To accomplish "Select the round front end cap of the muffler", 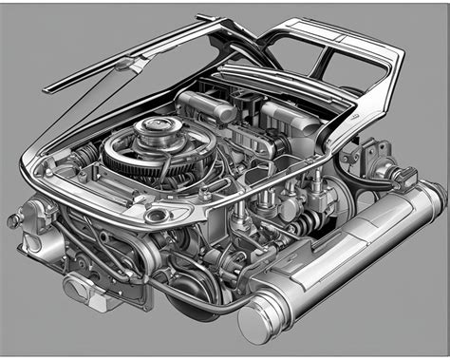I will pos(256,322).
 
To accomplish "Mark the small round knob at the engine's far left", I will pos(12,219).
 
